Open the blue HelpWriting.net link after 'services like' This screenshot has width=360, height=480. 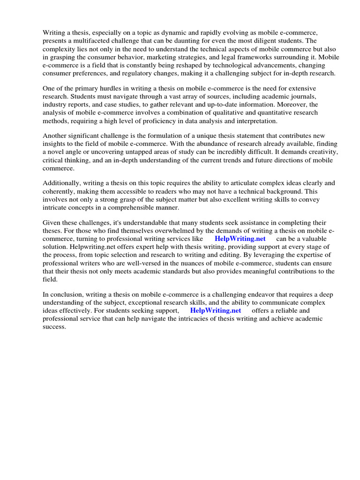tap(240, 239)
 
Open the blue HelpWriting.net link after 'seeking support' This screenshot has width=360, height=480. tap(216, 310)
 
